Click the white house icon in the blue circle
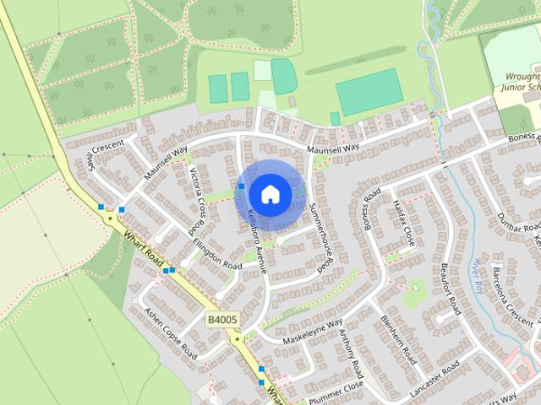[269, 194]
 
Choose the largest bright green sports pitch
[369, 87]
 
